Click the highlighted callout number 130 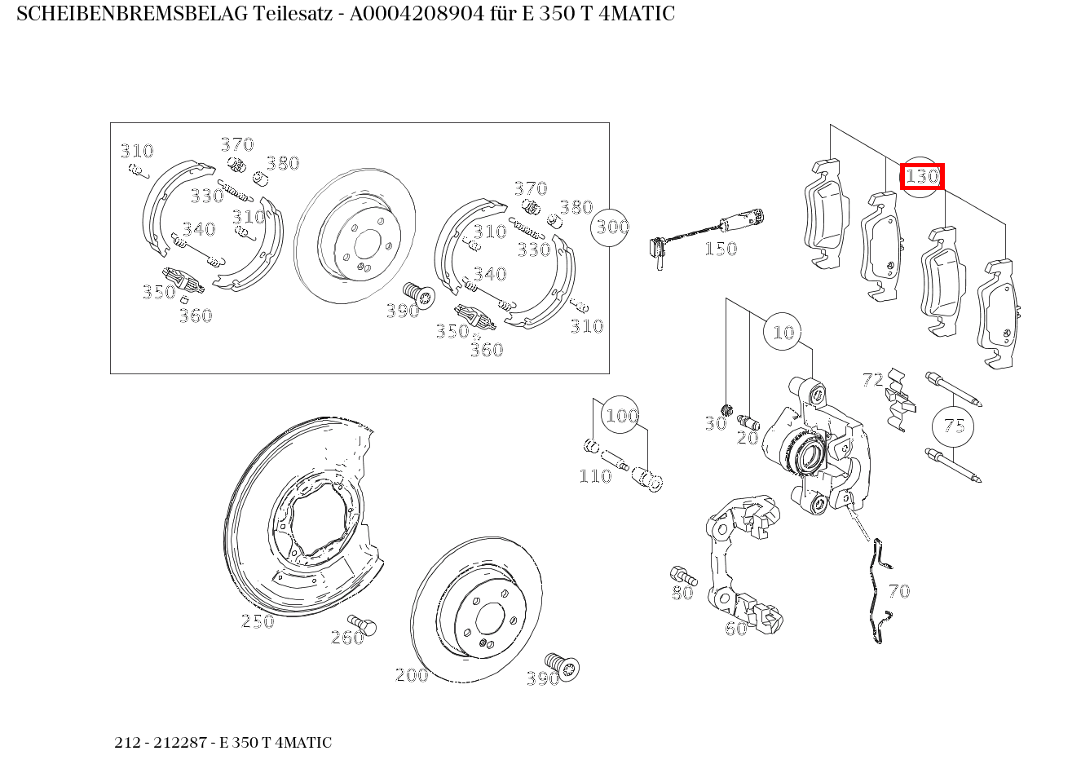pyautogui.click(x=922, y=176)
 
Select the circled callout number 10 pyautogui.click(x=783, y=332)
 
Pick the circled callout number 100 pyautogui.click(x=622, y=415)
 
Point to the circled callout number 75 pyautogui.click(x=954, y=426)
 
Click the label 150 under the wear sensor pyautogui.click(x=721, y=249)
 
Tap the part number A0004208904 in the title pyautogui.click(x=417, y=14)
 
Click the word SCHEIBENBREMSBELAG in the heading pyautogui.click(x=132, y=14)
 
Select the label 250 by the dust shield pyautogui.click(x=258, y=621)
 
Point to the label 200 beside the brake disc pyautogui.click(x=412, y=674)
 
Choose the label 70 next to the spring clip pyautogui.click(x=899, y=591)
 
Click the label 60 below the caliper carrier pyautogui.click(x=736, y=629)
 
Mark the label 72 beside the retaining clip pyautogui.click(x=873, y=380)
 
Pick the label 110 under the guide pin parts pyautogui.click(x=595, y=476)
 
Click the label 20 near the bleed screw pyautogui.click(x=748, y=438)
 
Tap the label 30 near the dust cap pyautogui.click(x=716, y=423)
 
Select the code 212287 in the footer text pyautogui.click(x=180, y=742)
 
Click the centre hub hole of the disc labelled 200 pyautogui.click(x=490, y=618)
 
